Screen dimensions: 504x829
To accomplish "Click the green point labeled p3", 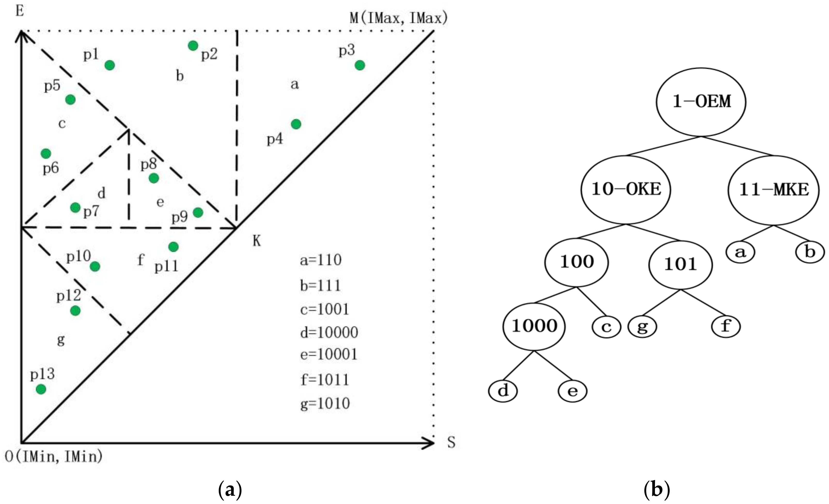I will (360, 65).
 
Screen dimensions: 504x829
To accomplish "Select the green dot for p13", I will (41, 389).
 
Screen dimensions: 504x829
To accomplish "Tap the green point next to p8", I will (154, 178).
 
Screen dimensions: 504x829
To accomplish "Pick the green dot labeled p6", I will (46, 154).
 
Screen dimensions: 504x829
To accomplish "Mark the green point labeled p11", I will (173, 247).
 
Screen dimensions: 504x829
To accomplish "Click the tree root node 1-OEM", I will (701, 102).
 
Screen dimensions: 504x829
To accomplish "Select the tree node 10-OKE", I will (626, 189).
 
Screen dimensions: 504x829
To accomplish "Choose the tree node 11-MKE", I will (774, 190).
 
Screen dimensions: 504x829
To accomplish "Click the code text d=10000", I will (329, 333).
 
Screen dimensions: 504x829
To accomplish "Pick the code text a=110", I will (321, 260).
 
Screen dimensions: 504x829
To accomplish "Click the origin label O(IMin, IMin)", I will (54, 456).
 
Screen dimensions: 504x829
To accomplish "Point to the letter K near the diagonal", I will (257, 241).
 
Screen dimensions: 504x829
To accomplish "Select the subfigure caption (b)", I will (657, 490).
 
